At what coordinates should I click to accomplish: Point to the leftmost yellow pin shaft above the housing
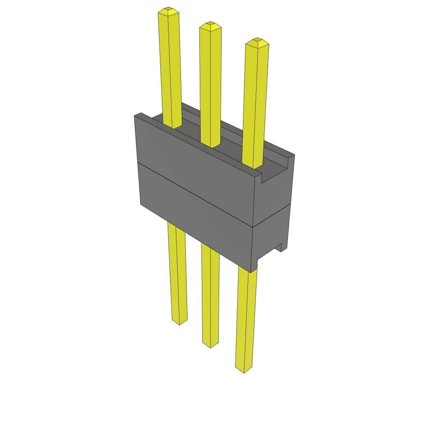pyautogui.click(x=170, y=70)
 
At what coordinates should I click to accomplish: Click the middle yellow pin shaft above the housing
pyautogui.click(x=210, y=82)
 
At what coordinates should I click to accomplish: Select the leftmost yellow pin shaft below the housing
pyautogui.click(x=177, y=271)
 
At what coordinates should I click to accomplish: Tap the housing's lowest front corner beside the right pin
pyautogui.click(x=251, y=271)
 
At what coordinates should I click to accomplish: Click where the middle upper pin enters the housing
pyautogui.click(x=210, y=144)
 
